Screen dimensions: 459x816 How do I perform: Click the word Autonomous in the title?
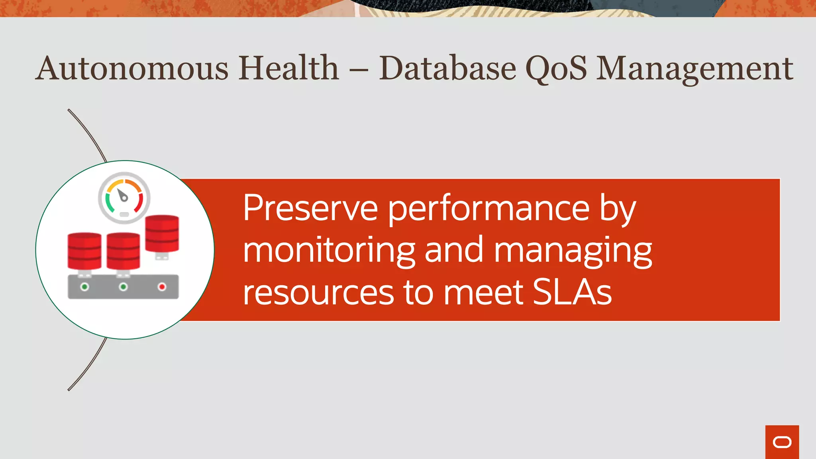coord(132,69)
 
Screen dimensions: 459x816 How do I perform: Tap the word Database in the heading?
coord(447,69)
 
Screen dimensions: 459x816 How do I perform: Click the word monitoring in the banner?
coord(329,251)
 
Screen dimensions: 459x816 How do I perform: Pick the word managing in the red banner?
coord(573,251)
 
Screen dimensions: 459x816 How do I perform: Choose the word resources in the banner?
coord(318,292)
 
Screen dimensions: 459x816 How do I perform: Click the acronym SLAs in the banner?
coord(572,292)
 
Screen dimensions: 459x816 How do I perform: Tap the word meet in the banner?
coord(483,292)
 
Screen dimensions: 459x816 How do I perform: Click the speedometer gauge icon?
coord(124,197)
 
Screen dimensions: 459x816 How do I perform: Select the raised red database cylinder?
coord(162,234)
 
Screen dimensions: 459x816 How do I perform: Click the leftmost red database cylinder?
coord(84,251)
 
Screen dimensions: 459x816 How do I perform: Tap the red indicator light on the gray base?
coord(162,287)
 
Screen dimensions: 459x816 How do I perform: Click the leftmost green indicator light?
coord(84,287)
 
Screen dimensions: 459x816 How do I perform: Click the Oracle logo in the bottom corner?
coord(782,442)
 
